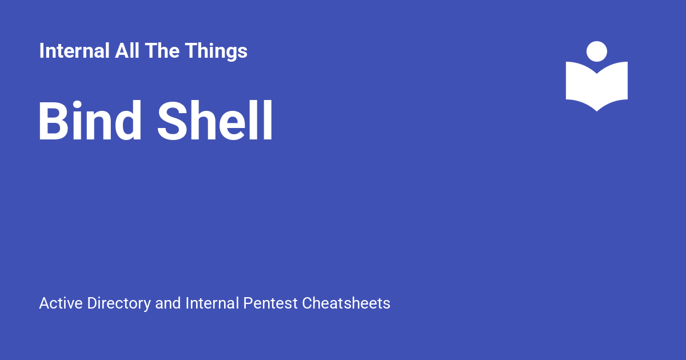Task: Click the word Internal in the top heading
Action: pyautogui.click(x=74, y=50)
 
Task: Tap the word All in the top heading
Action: pyautogui.click(x=127, y=50)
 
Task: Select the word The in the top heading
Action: pyautogui.click(x=162, y=50)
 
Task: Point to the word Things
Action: pyautogui.click(x=216, y=52)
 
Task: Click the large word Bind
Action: pyautogui.click(x=90, y=121)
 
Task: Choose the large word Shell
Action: pyautogui.click(x=215, y=121)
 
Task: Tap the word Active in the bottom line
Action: pyautogui.click(x=61, y=303)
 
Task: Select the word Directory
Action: pyautogui.click(x=119, y=304)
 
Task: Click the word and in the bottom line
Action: pyautogui.click(x=168, y=303)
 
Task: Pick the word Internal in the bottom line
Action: pyautogui.click(x=212, y=303)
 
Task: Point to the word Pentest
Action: pyautogui.click(x=270, y=303)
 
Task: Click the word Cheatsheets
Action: pyautogui.click(x=346, y=303)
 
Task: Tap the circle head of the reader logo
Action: pyautogui.click(x=597, y=51)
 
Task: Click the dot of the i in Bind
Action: pyautogui.click(x=77, y=105)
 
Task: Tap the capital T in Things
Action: pyautogui.click(x=192, y=50)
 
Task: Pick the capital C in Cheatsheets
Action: pyautogui.click(x=307, y=303)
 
